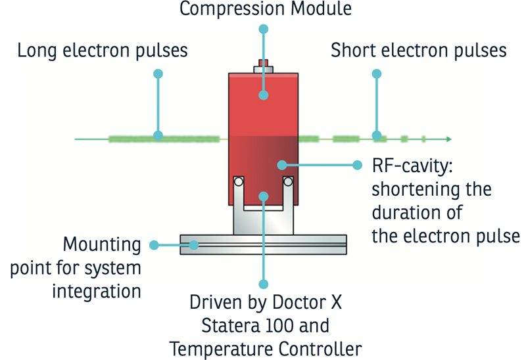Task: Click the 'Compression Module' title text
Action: tap(265, 9)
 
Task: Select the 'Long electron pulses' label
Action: tap(103, 51)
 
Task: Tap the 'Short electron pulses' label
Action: tap(419, 51)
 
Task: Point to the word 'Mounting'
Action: tap(102, 244)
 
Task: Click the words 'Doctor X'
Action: tap(312, 304)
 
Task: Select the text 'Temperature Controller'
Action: tap(266, 348)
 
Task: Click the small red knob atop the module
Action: tap(264, 64)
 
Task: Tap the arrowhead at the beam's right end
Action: tap(448, 139)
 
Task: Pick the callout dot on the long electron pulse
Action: tap(158, 136)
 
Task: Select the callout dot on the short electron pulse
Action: tap(377, 136)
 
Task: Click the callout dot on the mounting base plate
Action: tap(195, 245)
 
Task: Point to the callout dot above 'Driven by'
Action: tap(264, 284)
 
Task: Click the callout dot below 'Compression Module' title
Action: tap(264, 29)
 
